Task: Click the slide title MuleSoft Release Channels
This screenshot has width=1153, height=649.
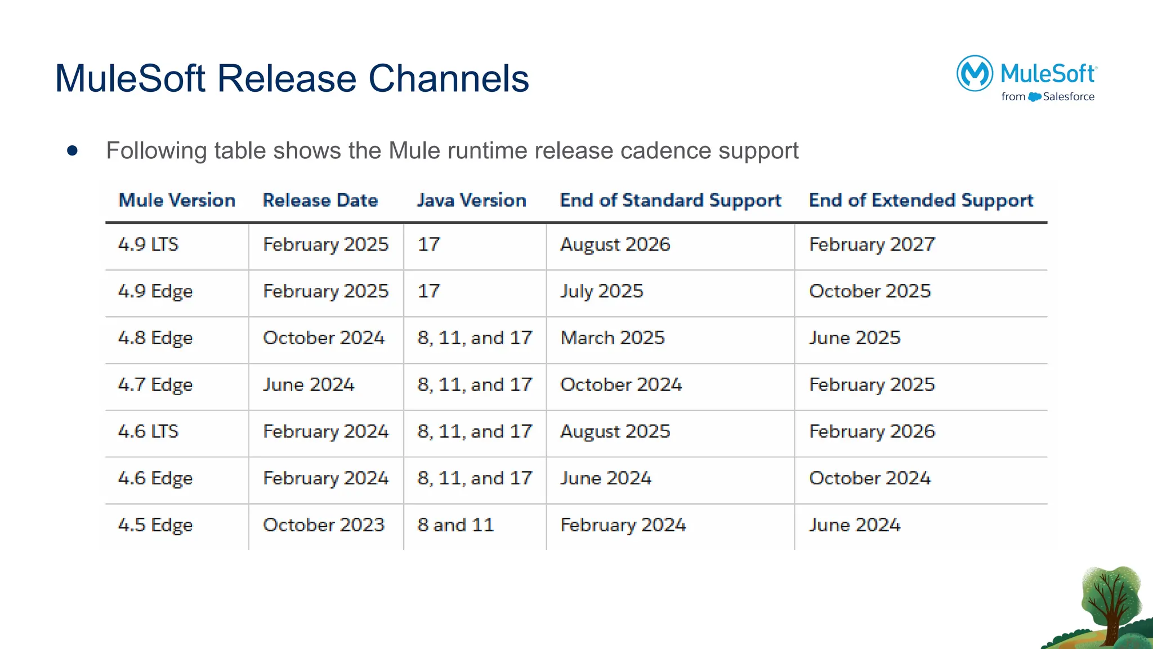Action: coord(292,78)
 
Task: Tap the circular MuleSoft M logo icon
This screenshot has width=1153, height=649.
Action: coord(975,73)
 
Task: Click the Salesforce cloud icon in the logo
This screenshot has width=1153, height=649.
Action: coord(1035,97)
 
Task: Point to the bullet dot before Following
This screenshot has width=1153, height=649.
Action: coord(72,150)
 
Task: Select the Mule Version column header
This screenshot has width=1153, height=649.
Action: coord(177,201)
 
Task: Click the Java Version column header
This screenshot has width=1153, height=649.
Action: coord(471,201)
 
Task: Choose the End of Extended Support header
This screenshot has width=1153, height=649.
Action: coord(921,201)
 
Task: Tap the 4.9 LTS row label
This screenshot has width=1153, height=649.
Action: coord(148,245)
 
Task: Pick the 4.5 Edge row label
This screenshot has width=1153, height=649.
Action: coord(155,525)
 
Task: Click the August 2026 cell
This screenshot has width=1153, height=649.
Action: coord(615,245)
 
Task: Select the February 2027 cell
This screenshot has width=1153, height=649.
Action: coord(872,245)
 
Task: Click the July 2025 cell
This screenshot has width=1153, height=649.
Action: coord(601,291)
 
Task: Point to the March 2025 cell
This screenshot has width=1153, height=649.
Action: coord(613,338)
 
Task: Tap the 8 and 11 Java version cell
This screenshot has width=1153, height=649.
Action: coord(455,525)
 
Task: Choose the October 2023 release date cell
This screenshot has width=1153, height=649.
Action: coord(324,525)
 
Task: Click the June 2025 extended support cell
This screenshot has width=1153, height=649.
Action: coord(855,338)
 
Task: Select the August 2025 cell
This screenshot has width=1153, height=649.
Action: coord(615,432)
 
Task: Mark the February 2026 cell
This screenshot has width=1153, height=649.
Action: coord(872,432)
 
